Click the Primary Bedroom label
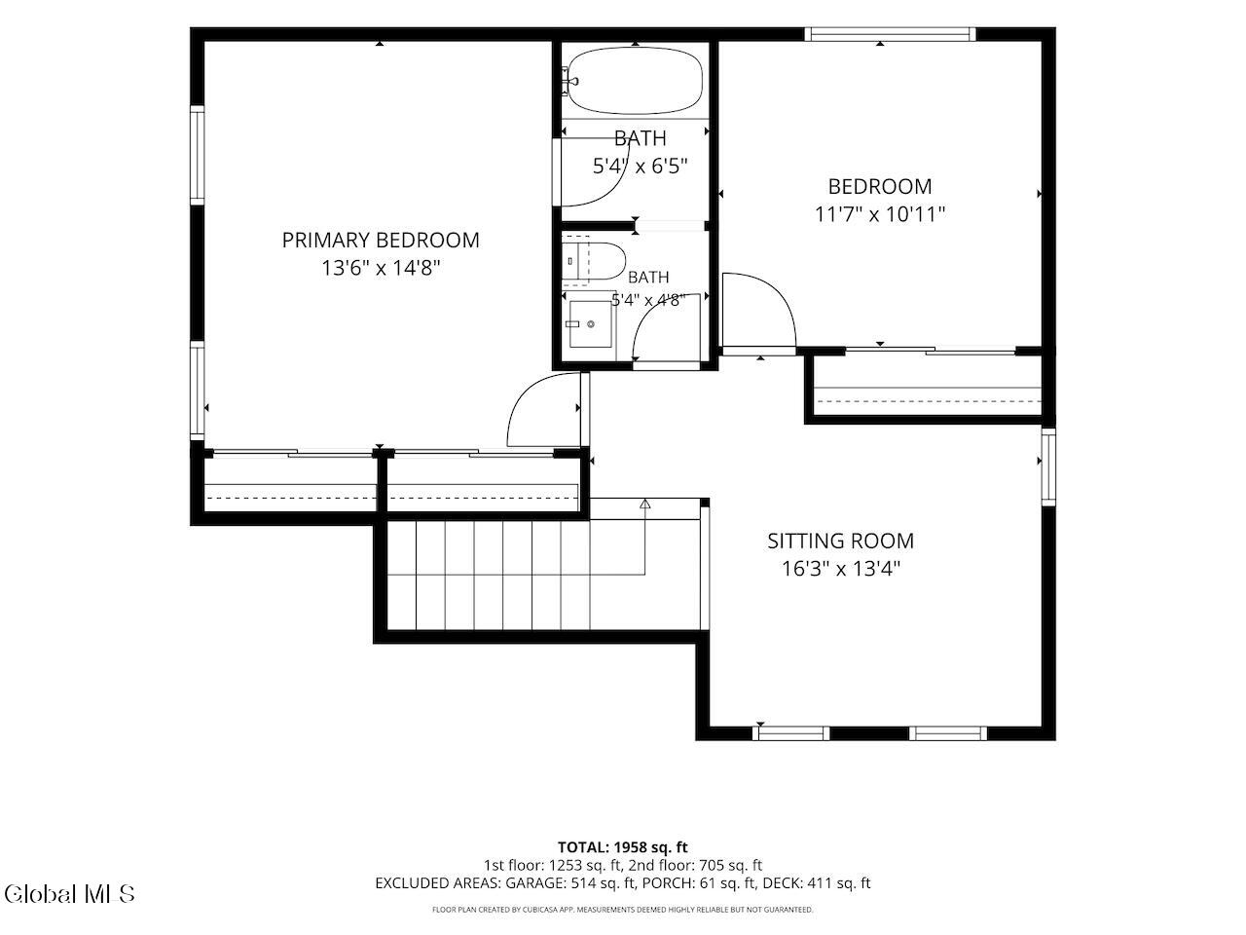381,241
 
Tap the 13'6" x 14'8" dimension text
381,268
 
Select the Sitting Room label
841,541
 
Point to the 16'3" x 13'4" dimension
841,568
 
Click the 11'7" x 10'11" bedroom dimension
880,214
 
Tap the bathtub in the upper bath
636,80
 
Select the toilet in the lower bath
594,261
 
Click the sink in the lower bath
590,324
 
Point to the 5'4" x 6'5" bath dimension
640,167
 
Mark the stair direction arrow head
644,504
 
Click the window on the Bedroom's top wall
890,34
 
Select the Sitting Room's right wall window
1048,467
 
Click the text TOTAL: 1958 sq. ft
623,847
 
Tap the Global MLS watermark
69,894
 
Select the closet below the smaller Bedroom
928,386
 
